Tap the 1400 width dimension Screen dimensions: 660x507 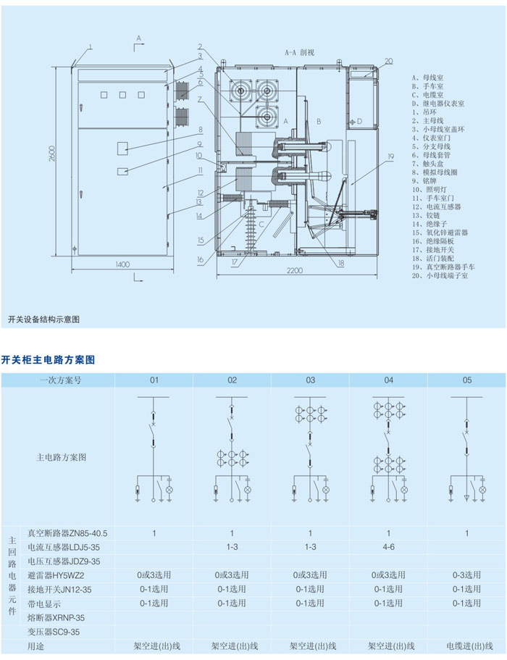(x=121, y=265)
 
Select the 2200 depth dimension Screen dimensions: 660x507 (x=293, y=271)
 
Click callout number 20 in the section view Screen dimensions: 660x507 (x=388, y=61)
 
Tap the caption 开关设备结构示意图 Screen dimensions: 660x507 (x=43, y=319)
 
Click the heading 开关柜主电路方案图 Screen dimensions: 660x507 (x=48, y=359)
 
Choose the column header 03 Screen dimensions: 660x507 (x=310, y=380)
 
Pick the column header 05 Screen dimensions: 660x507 (x=467, y=380)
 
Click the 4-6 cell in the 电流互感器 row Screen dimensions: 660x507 (x=389, y=547)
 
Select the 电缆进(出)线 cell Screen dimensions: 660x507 (x=467, y=646)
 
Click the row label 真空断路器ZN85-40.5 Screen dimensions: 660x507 (x=67, y=533)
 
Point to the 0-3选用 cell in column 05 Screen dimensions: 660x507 (x=467, y=575)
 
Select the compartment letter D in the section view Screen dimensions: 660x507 (x=360, y=122)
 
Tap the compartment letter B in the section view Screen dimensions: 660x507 (x=317, y=122)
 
